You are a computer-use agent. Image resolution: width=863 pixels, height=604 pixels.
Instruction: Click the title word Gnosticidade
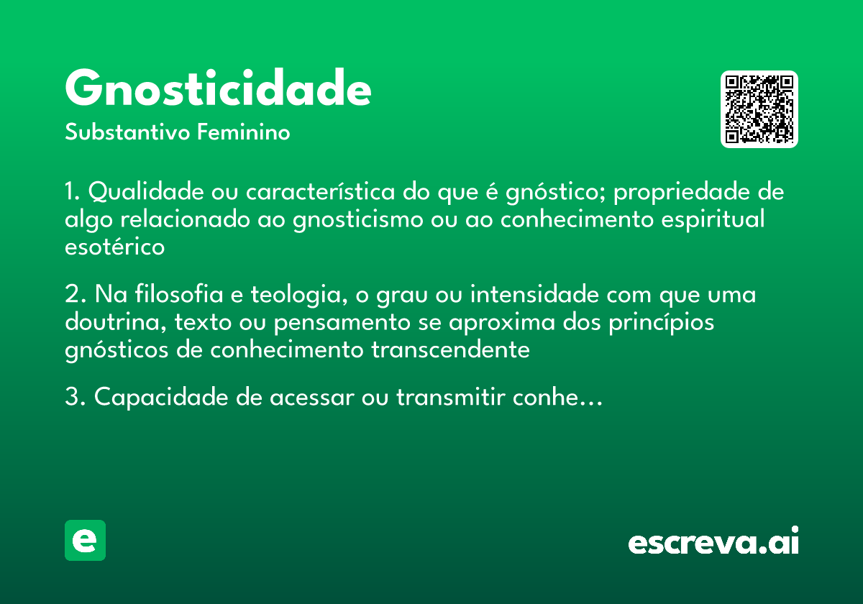point(218,89)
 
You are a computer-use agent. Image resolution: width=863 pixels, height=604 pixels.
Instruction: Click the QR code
point(759,109)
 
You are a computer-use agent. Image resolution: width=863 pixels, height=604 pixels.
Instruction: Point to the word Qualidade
point(147,193)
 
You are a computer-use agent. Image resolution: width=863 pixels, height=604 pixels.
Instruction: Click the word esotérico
point(114,247)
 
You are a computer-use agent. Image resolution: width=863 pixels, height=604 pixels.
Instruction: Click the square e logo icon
point(85,540)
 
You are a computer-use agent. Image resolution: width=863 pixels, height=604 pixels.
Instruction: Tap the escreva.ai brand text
point(713,543)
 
